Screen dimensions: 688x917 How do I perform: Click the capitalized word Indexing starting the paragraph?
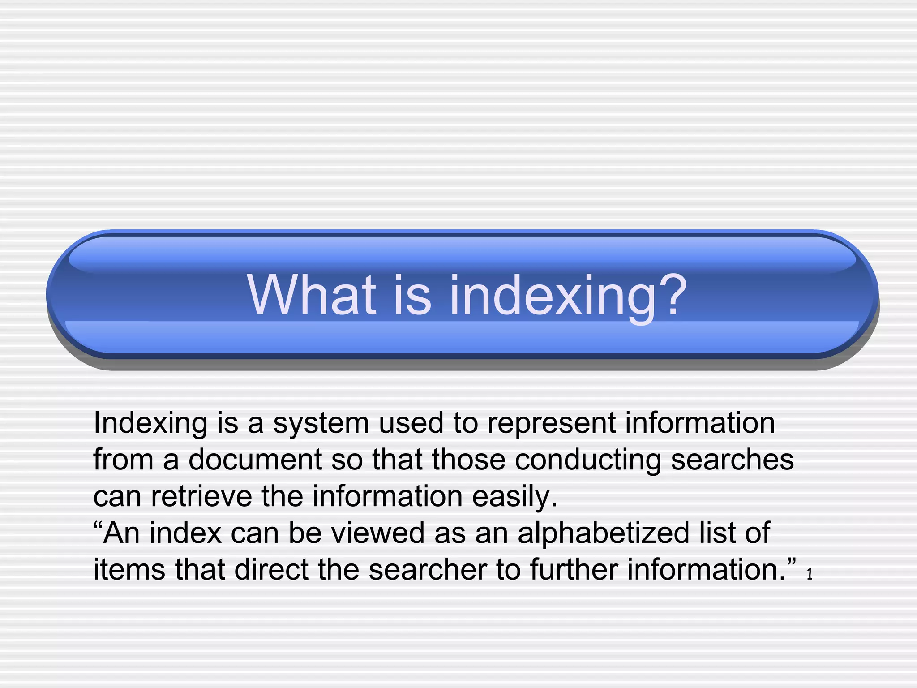pos(150,424)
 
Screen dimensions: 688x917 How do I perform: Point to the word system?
pos(321,424)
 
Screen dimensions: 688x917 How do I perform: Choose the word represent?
pos(552,424)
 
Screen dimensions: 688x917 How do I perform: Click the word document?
pos(255,460)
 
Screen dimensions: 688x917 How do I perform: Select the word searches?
pos(732,460)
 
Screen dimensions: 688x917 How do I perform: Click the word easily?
pos(514,497)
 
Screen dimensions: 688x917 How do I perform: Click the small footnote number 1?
pos(810,575)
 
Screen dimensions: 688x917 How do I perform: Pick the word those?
pos(468,460)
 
